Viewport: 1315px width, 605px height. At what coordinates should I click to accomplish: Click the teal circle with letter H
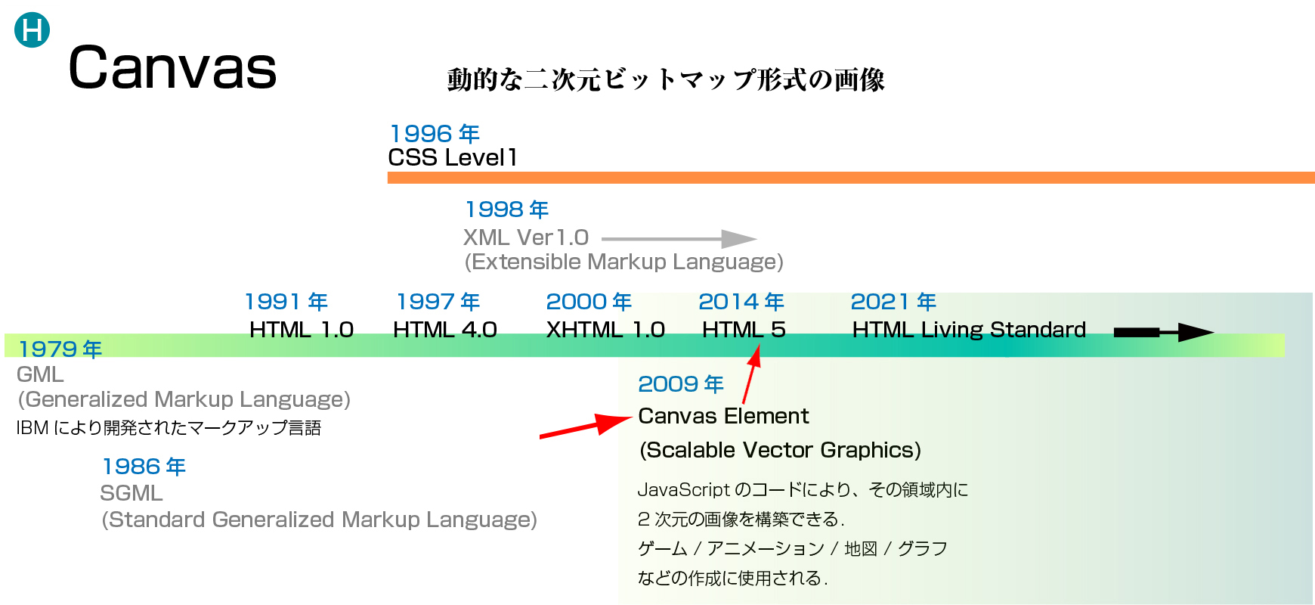[x=32, y=30]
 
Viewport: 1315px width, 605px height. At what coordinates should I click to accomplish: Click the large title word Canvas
[x=173, y=67]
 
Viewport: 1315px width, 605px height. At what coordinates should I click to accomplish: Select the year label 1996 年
[x=435, y=134]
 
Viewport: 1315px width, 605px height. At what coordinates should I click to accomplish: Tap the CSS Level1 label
[x=453, y=157]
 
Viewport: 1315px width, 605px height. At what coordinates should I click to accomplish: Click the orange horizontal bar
[x=851, y=178]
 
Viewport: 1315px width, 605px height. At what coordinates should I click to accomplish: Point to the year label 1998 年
[x=506, y=209]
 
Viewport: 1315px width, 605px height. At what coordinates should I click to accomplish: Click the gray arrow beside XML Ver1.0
[x=679, y=239]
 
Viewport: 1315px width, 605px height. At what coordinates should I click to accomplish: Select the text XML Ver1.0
[x=526, y=237]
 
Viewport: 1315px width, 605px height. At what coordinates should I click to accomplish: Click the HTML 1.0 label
[x=302, y=330]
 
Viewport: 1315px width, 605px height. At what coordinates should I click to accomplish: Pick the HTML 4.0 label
[x=445, y=330]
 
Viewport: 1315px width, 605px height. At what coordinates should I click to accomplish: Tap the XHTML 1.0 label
[x=605, y=330]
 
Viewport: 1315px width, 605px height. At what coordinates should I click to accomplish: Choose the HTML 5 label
[x=744, y=330]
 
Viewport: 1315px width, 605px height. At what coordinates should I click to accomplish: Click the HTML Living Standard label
[x=969, y=330]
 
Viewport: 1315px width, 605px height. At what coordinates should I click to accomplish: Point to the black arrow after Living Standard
[x=1164, y=332]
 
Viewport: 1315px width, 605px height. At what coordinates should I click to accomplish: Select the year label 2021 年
[x=893, y=302]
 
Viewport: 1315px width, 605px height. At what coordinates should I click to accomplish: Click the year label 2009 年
[x=681, y=384]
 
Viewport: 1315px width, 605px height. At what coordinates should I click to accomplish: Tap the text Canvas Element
[x=723, y=416]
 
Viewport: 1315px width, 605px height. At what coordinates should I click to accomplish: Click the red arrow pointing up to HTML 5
[x=751, y=374]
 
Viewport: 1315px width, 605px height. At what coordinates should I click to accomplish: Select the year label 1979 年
[x=60, y=349]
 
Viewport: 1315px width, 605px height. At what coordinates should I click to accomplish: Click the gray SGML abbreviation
[x=131, y=493]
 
